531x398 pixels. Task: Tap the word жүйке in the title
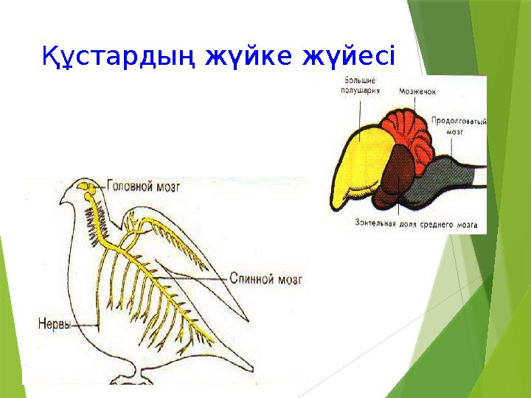247,55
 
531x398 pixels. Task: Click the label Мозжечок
418,92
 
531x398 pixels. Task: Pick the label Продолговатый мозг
458,123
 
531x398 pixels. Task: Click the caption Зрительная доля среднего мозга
415,222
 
